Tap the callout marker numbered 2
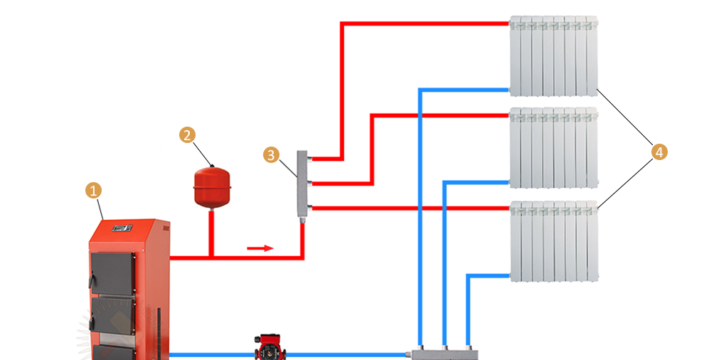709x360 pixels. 187,135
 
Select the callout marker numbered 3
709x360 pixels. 270,154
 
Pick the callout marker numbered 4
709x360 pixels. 659,152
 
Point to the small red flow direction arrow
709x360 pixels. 260,248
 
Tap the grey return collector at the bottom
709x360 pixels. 445,353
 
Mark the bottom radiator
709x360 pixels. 553,240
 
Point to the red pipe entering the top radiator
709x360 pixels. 427,23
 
